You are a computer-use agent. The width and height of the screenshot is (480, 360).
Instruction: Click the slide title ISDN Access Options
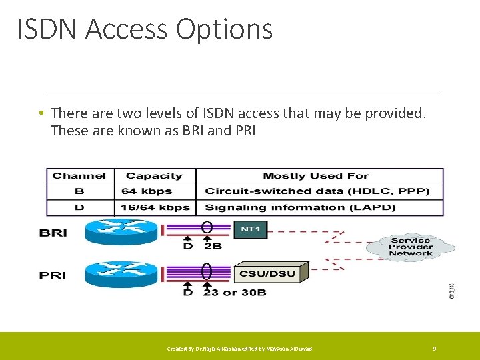pos(145,30)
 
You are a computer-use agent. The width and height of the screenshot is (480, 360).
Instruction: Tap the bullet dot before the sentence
pos(41,113)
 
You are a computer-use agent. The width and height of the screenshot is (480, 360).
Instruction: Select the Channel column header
pos(79,176)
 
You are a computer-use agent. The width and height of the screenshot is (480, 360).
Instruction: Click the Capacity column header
pos(154,176)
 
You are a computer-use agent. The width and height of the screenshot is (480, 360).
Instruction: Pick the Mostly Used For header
pos(315,176)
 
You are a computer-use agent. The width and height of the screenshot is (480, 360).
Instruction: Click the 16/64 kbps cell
pos(155,207)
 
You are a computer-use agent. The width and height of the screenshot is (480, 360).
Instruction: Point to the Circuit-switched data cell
pos(317,191)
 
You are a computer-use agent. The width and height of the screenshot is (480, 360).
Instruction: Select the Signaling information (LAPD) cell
pos(300,207)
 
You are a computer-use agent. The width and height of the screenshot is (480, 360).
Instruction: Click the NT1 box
pos(250,230)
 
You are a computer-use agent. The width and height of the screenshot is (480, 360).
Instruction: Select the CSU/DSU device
pos(271,272)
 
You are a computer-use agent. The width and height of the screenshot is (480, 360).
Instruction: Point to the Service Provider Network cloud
pos(410,247)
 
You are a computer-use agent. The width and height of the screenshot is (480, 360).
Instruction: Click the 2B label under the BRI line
pos(214,246)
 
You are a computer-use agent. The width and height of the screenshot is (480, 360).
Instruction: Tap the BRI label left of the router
pos(53,233)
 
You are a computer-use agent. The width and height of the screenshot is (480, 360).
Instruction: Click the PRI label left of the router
pos(53,275)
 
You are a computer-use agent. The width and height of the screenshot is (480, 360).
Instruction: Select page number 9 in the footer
pos(434,349)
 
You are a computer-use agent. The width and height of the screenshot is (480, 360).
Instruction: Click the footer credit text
pos(239,349)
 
